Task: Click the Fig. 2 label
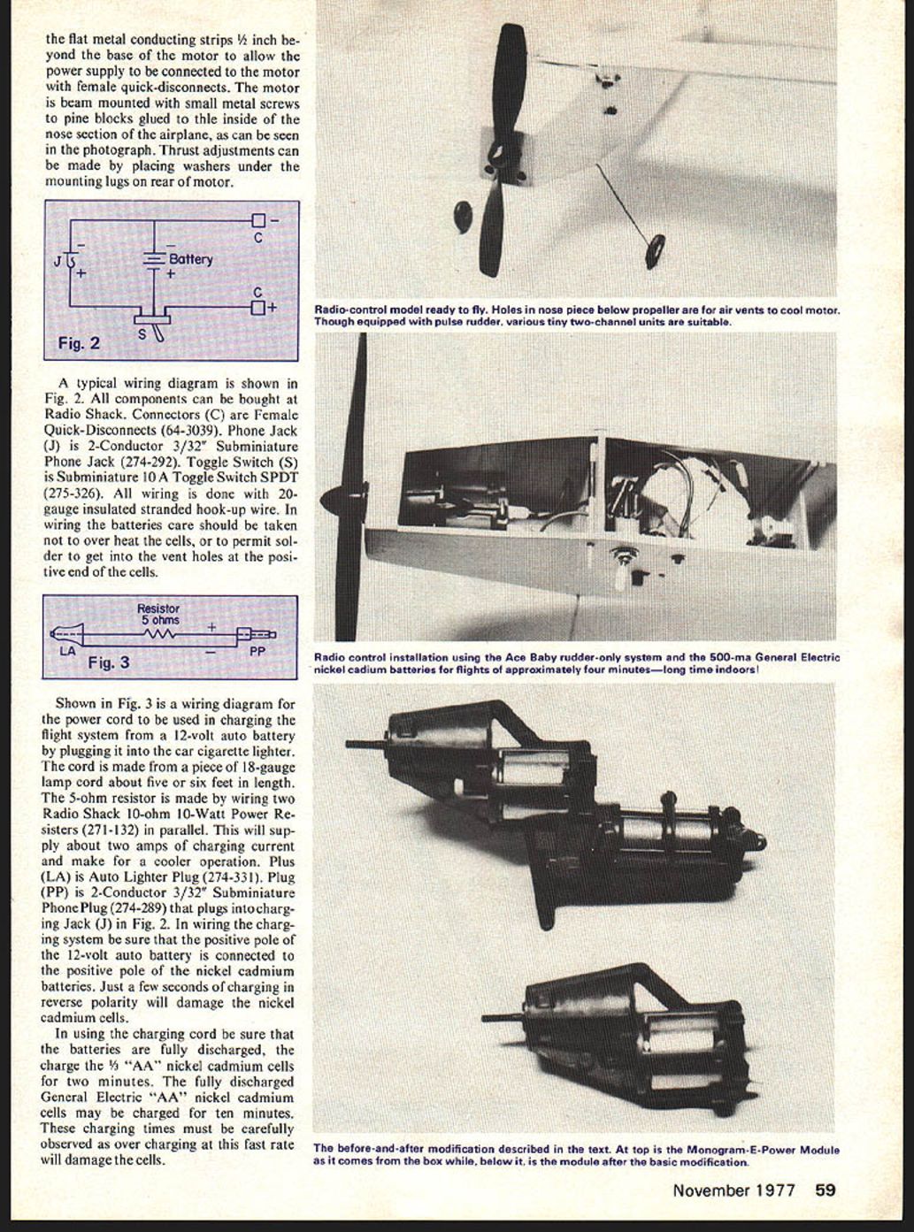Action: (x=79, y=343)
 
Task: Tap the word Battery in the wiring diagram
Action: (x=190, y=259)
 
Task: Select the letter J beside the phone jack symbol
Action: (x=58, y=261)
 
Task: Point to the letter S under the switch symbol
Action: (x=142, y=335)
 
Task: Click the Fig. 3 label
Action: (x=108, y=662)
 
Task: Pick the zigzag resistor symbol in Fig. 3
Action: (x=161, y=633)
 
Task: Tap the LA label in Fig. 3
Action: (x=67, y=652)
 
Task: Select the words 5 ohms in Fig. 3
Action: (x=159, y=620)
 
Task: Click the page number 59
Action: (x=825, y=1190)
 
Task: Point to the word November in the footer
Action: (x=711, y=1190)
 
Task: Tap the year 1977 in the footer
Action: (x=775, y=1190)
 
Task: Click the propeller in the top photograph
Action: (x=495, y=150)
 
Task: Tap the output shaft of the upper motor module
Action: (x=365, y=745)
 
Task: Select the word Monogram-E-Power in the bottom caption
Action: (x=753, y=1150)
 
